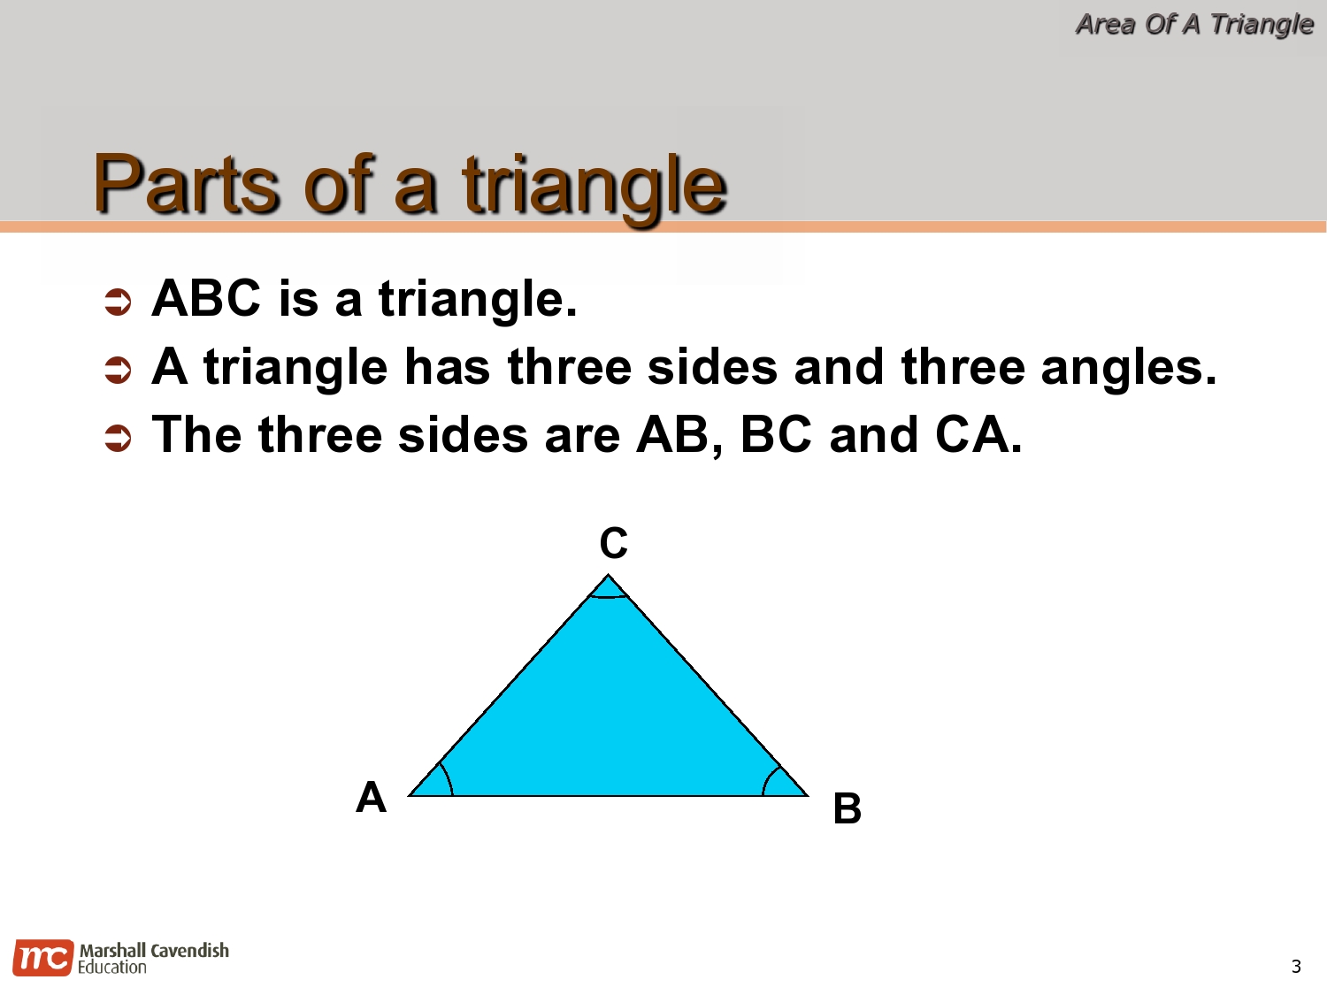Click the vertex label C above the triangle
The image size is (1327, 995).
pos(613,543)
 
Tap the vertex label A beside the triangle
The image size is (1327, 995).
pos(371,797)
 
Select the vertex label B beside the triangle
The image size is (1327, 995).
pos(847,808)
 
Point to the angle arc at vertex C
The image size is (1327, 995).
pos(609,596)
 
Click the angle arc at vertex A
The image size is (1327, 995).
pos(446,777)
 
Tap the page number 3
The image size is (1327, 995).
pos(1296,966)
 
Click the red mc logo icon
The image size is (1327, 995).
pos(42,958)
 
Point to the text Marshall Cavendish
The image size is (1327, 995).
pos(154,950)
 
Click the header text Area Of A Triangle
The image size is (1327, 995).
pos(1193,24)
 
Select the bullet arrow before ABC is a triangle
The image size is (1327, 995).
pos(118,302)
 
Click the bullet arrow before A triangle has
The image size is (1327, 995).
pos(118,370)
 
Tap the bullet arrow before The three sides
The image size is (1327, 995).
pos(118,438)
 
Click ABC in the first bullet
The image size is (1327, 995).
pos(206,298)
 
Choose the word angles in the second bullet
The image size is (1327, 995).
pos(1128,367)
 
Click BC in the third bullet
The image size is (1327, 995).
pos(775,435)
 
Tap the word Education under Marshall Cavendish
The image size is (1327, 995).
pos(111,968)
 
